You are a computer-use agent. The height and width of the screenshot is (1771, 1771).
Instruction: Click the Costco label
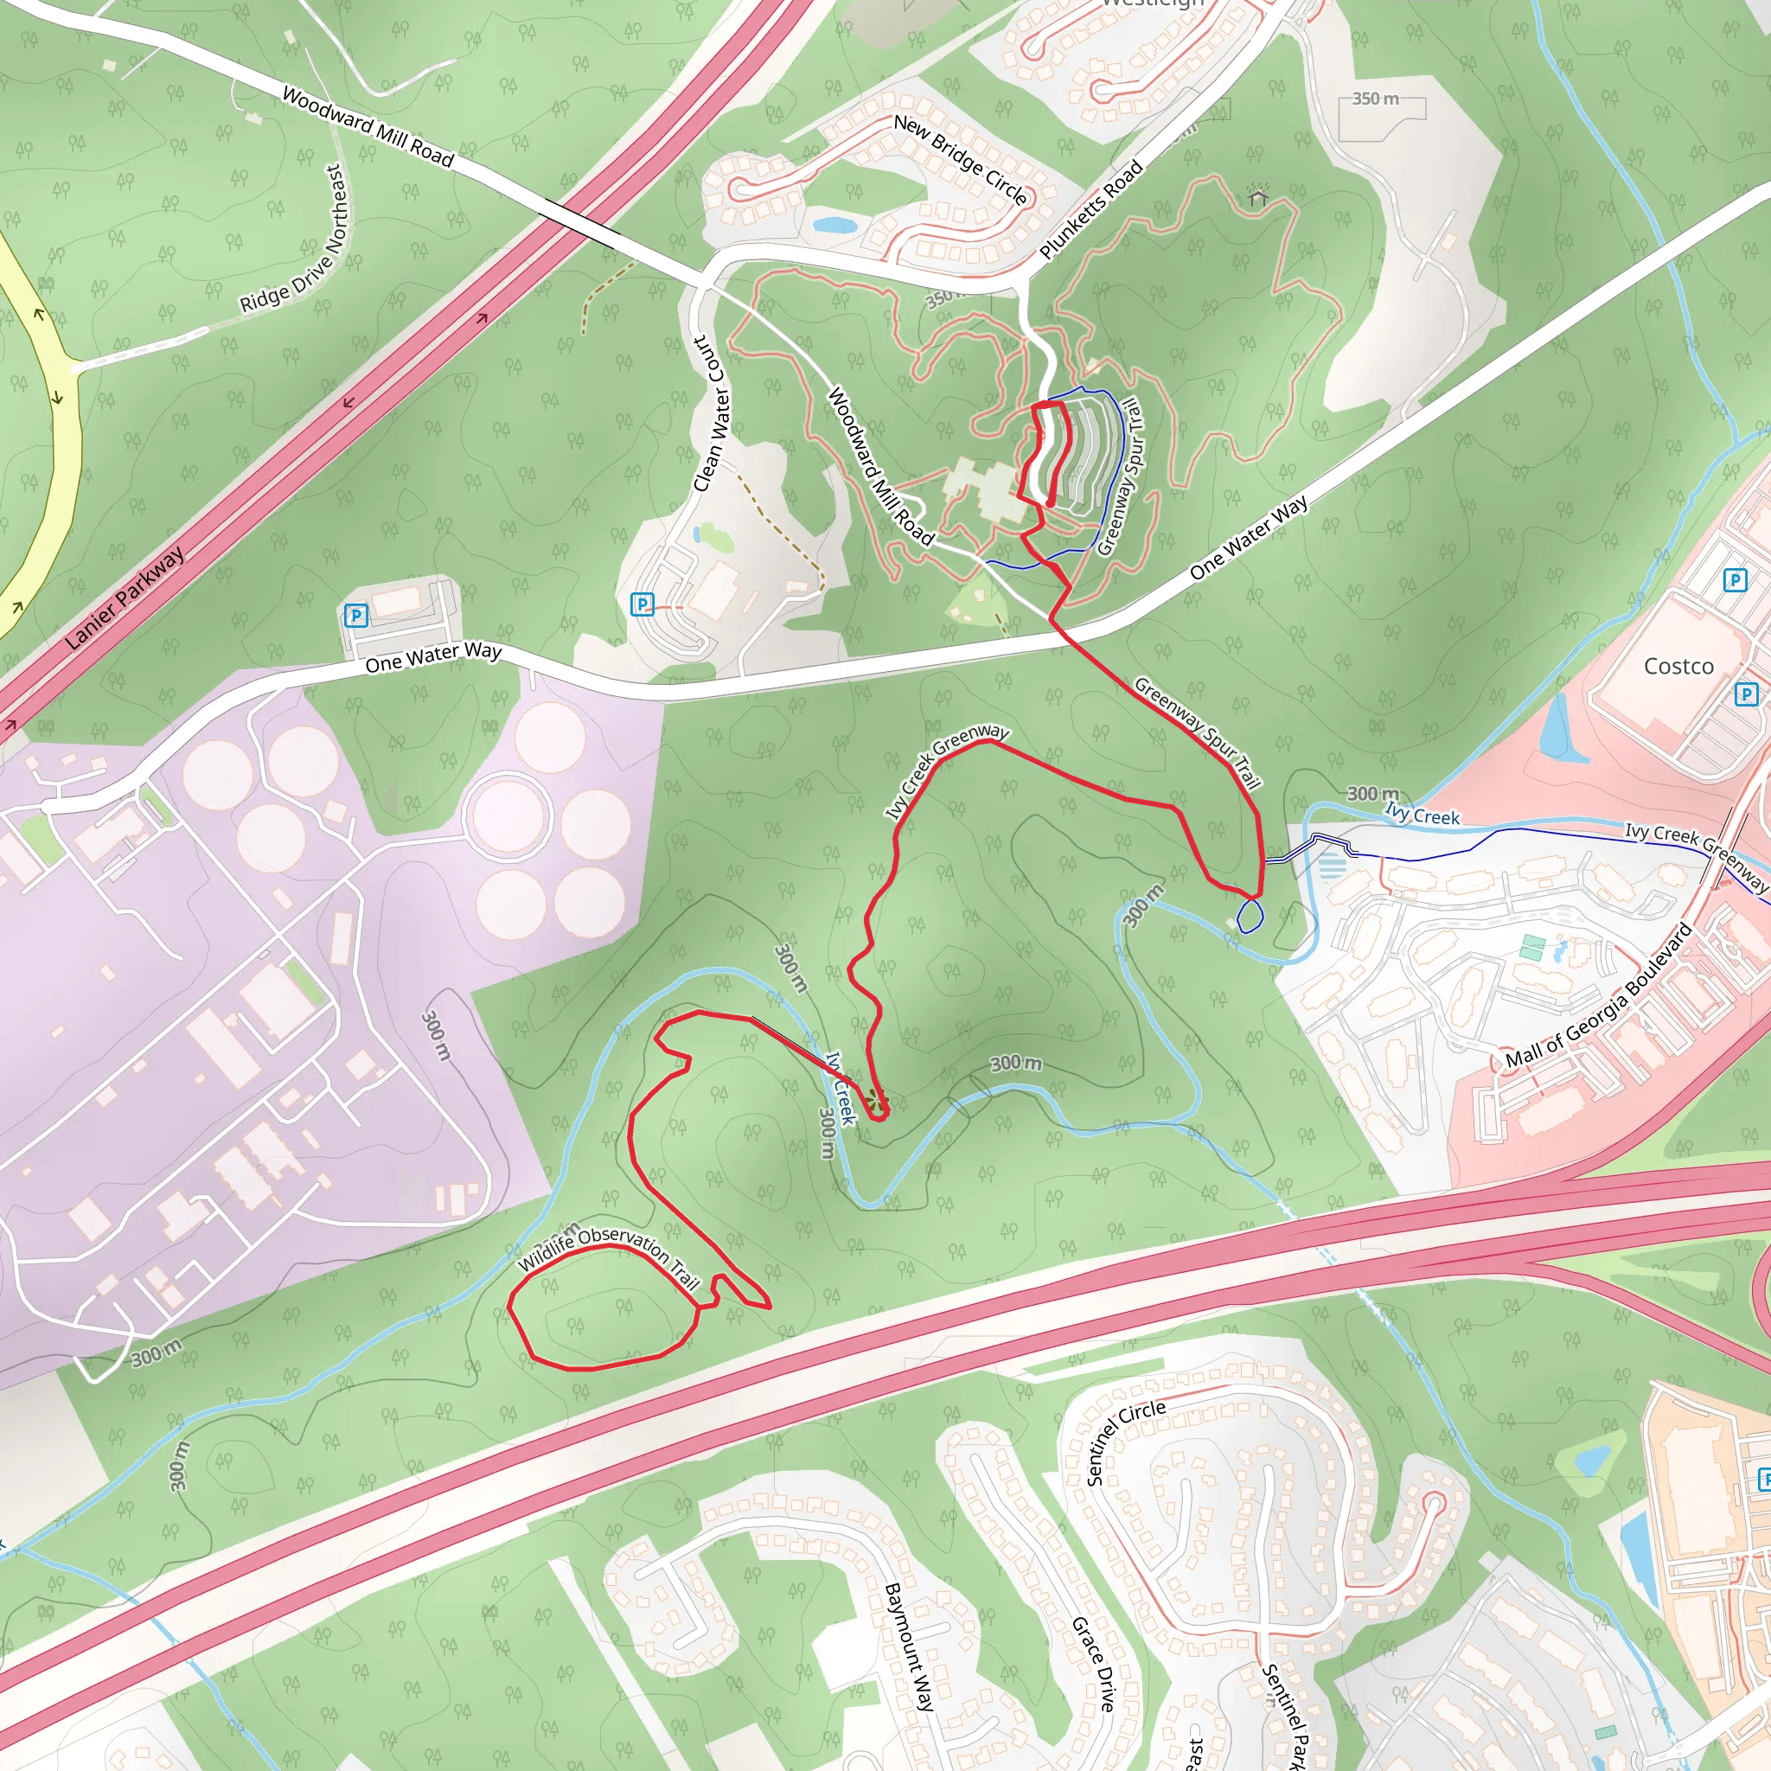(1678, 667)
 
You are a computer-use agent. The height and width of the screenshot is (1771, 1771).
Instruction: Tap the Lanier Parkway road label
(125, 598)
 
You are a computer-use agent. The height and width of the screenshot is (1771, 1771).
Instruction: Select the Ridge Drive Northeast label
(296, 240)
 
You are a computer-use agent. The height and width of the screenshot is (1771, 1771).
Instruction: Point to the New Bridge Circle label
(960, 159)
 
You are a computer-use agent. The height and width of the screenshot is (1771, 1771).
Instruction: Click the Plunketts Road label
(1090, 209)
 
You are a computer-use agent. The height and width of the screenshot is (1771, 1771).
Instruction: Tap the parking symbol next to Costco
(1746, 694)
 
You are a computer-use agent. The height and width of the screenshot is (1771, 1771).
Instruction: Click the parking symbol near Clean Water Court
(643, 604)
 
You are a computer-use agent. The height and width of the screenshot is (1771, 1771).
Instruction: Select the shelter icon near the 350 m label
(1257, 195)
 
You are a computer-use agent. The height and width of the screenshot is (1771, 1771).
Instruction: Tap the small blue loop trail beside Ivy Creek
(1250, 916)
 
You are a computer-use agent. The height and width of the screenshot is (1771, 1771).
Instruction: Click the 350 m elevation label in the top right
(1375, 99)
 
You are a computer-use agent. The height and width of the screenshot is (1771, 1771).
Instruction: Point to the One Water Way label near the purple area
(432, 656)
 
